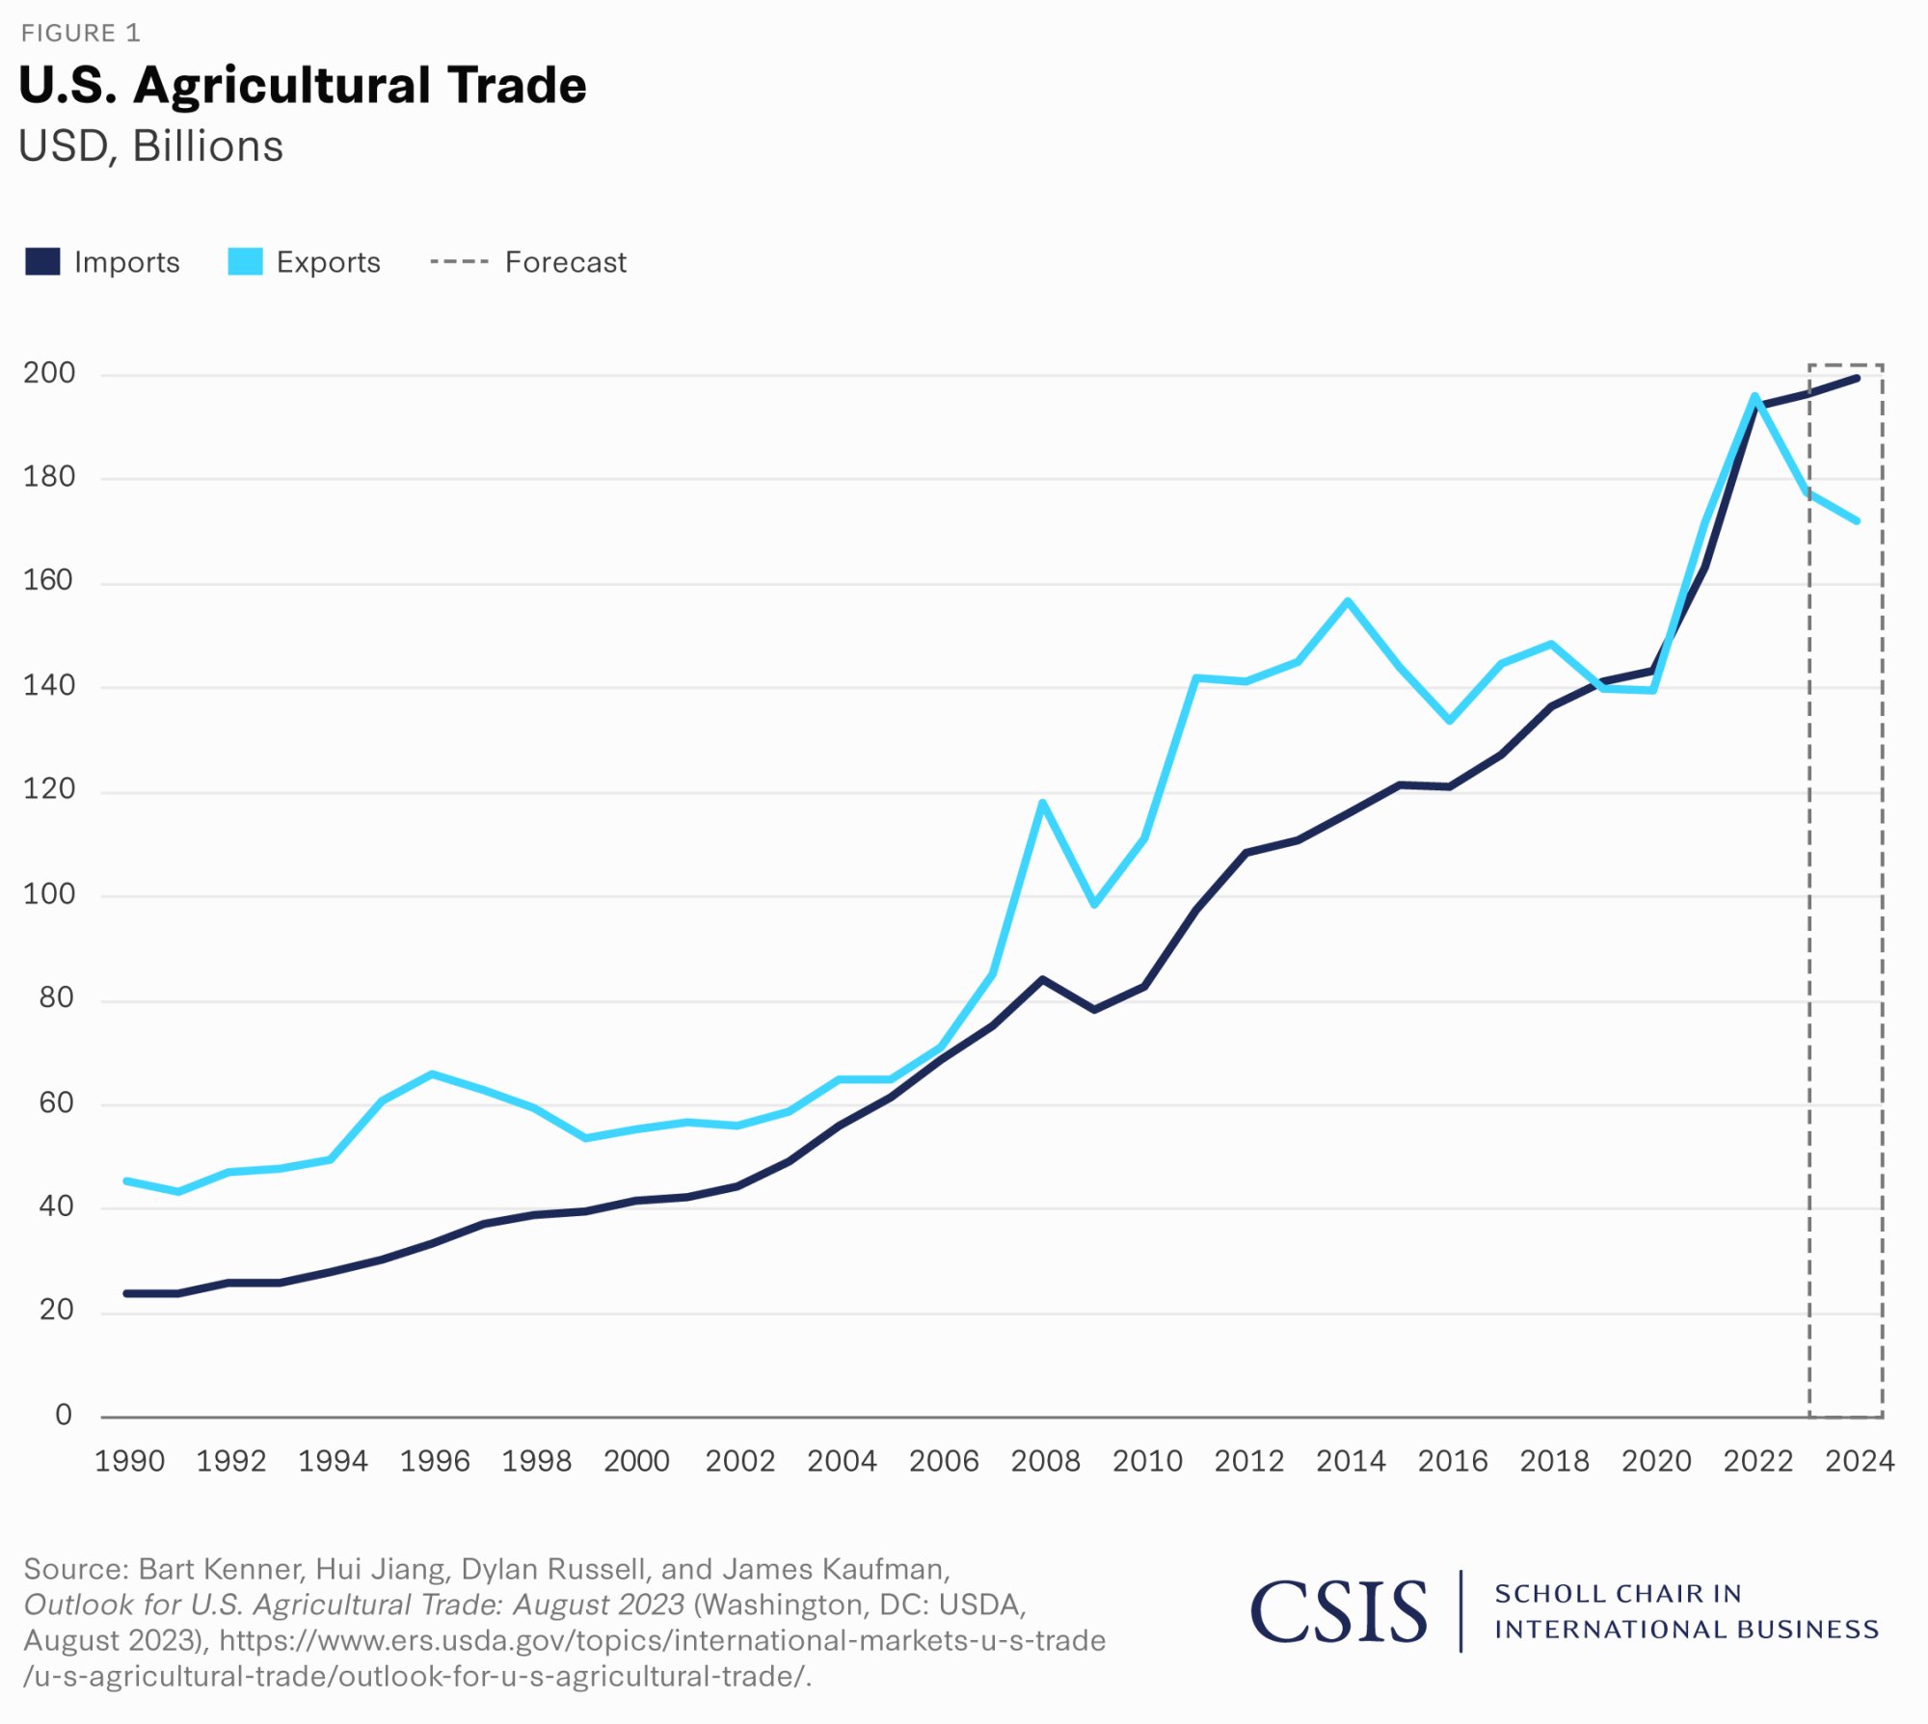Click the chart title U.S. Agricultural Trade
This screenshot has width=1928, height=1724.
(302, 85)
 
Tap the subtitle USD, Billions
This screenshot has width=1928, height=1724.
(150, 146)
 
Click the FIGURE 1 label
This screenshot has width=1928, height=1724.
(81, 34)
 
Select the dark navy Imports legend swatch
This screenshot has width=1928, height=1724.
(42, 262)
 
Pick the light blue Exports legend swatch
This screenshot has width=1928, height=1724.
(245, 262)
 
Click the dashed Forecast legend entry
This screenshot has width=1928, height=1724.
(528, 262)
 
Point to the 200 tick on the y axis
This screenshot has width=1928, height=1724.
(49, 373)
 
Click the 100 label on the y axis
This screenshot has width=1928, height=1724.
(49, 893)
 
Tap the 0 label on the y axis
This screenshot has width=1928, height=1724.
(64, 1415)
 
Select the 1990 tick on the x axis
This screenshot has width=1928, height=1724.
(129, 1461)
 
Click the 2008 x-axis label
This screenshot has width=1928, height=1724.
(1045, 1461)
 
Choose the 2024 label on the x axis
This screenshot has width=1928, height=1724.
(1860, 1461)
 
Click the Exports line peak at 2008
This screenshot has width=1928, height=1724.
(1043, 803)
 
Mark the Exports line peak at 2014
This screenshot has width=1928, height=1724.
(1348, 601)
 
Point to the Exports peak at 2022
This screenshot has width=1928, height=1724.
(1754, 396)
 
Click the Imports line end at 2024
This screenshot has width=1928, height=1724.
(1857, 379)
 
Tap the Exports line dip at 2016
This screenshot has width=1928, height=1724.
(1450, 720)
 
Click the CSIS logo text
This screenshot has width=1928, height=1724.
(1339, 1611)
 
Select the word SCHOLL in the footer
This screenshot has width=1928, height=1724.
(1541, 1594)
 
